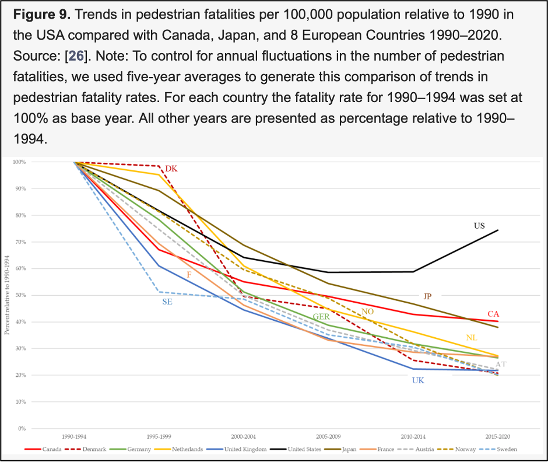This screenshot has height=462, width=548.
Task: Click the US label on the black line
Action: (x=480, y=225)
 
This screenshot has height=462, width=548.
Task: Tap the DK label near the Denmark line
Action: (x=171, y=169)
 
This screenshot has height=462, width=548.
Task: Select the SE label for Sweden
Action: (x=167, y=302)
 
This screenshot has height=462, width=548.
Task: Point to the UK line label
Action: (x=418, y=380)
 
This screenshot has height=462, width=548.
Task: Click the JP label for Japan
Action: (x=427, y=296)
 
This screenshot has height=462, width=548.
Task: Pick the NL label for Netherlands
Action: (x=472, y=338)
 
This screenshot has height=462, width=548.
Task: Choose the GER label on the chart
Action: (x=321, y=317)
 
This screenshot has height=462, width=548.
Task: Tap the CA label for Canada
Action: (x=493, y=314)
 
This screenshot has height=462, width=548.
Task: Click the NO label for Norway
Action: (x=367, y=311)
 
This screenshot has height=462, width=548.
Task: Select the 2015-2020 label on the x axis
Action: (x=497, y=437)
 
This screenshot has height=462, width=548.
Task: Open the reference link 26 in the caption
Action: (x=76, y=56)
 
